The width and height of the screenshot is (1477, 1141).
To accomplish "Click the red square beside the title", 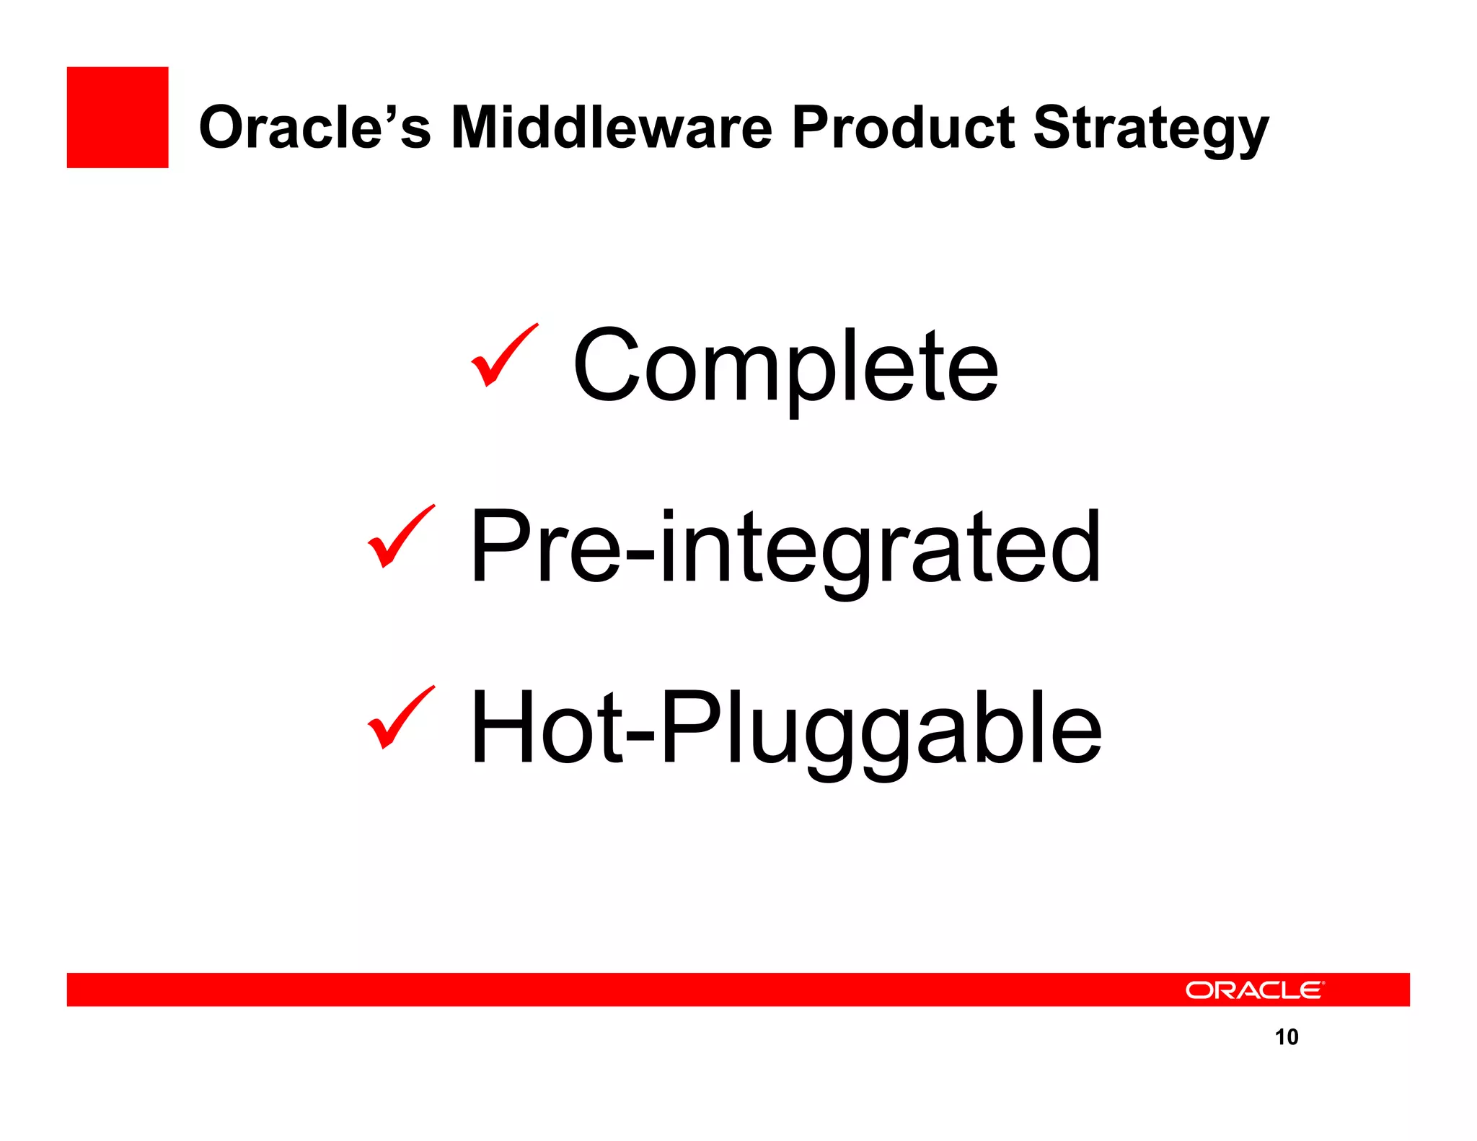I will (117, 117).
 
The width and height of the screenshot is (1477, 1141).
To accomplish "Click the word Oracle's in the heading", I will (314, 128).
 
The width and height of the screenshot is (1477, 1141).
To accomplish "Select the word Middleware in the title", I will (612, 128).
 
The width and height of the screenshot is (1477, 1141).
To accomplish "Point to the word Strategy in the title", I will (1150, 130).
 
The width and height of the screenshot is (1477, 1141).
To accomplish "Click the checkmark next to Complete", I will (503, 355).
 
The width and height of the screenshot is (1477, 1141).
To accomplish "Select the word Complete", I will (785, 366).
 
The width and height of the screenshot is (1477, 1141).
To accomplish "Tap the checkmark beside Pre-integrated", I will (400, 537).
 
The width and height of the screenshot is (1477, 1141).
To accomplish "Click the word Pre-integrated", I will (785, 548).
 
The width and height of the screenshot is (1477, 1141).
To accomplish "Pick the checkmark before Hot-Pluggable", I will (400, 718).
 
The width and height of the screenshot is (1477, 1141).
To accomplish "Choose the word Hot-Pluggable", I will (785, 730).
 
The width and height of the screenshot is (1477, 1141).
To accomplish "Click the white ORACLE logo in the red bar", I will (1253, 990).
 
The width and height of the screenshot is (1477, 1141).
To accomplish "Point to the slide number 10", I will (1286, 1036).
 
